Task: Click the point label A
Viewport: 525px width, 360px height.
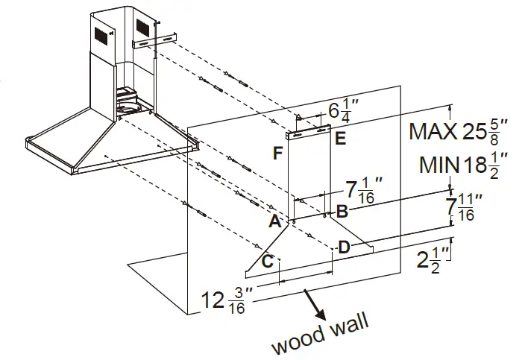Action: [274, 221]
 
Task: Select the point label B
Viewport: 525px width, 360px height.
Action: [342, 211]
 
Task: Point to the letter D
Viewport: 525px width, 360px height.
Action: [345, 247]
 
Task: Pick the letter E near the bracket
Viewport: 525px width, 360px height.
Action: [340, 138]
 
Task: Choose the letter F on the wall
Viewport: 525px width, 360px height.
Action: [277, 154]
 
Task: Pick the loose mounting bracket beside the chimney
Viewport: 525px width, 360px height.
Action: [156, 42]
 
